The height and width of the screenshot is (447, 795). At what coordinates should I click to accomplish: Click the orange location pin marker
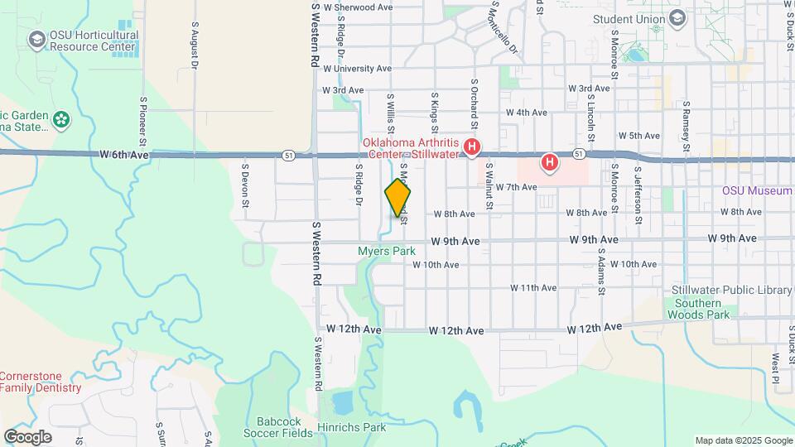pos(397,197)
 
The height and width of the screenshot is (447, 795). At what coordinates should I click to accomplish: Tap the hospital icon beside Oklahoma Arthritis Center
pos(472,148)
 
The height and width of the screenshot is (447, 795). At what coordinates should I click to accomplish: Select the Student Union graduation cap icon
pos(677,18)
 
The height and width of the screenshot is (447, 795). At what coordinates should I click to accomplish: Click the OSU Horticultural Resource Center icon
pos(36,40)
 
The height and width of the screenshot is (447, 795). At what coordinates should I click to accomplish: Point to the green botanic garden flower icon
pos(61,120)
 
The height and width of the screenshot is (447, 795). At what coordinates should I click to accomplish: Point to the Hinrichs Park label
pos(352,428)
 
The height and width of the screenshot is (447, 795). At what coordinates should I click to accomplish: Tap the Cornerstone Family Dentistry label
pos(41,382)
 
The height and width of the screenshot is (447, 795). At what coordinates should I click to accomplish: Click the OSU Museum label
pos(757,190)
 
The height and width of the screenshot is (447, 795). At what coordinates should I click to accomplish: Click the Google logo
pos(27,436)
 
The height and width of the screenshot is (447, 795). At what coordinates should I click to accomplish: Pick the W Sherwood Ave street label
pos(358,7)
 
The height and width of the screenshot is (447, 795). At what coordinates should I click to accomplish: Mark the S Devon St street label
pos(246,181)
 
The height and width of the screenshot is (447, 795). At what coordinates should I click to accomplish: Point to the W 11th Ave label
pos(532,288)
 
